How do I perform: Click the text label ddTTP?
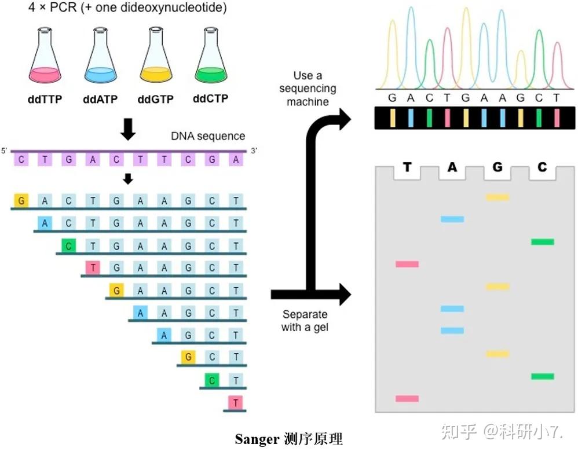(x=45, y=100)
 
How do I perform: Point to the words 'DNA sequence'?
(x=208, y=137)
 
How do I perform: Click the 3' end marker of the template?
(x=253, y=151)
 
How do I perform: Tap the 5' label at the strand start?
(x=4, y=151)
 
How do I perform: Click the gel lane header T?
(x=407, y=168)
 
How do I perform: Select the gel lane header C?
(x=542, y=168)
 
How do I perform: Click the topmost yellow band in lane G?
(x=497, y=197)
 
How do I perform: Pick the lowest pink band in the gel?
(x=407, y=398)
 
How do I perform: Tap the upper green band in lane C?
(x=543, y=241)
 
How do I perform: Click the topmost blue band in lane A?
(x=452, y=219)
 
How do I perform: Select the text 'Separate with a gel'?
(x=305, y=321)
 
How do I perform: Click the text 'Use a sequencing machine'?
(x=308, y=89)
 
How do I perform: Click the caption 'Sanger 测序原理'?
(x=289, y=439)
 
